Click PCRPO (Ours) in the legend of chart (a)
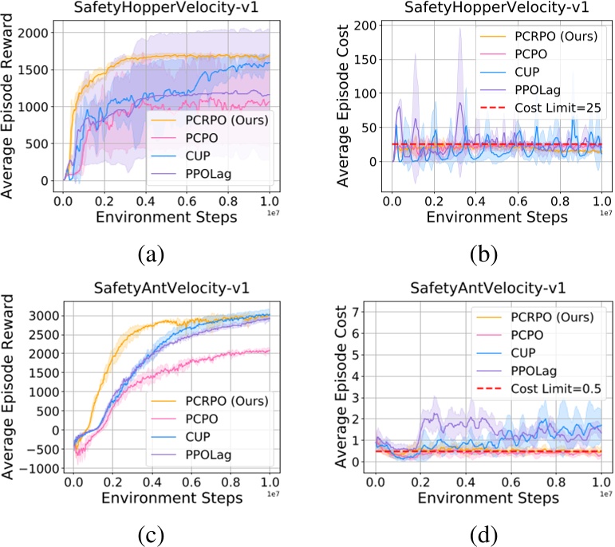223,120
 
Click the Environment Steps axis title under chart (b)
496,216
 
